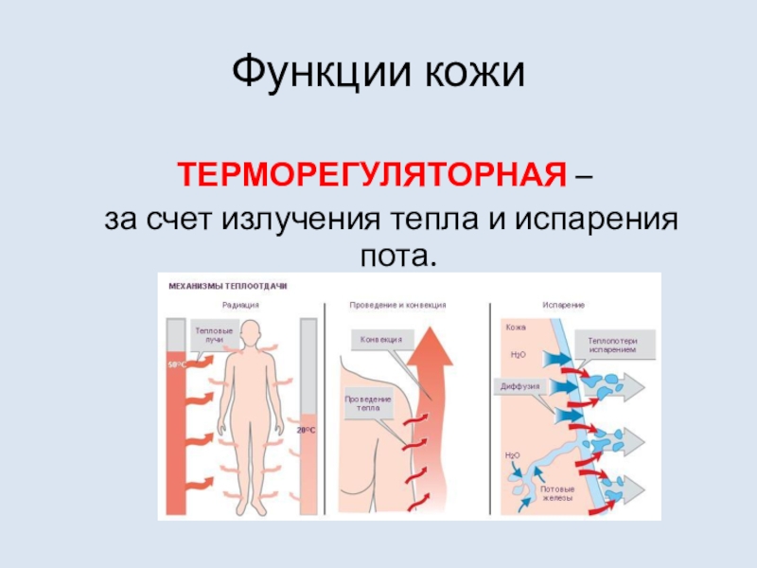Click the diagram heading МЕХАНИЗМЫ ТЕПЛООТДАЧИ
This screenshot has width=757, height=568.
pos(227,285)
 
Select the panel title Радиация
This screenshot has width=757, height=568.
pos(240,305)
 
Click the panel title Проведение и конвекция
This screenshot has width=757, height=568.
pos(398,305)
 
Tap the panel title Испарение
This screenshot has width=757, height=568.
pos(563,305)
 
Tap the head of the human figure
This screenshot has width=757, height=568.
pos(252,334)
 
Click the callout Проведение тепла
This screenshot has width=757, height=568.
pos(362,404)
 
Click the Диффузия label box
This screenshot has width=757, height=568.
pos(518,386)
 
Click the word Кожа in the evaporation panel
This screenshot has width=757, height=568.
pos(517,327)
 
